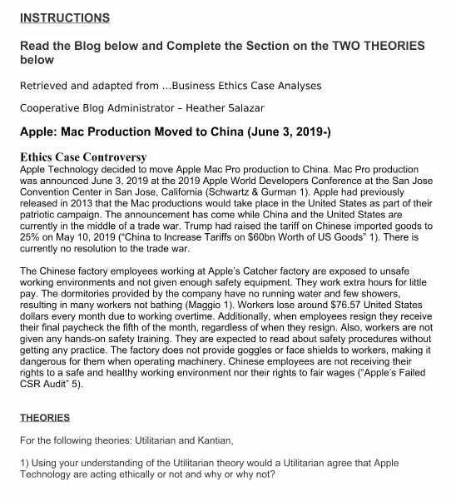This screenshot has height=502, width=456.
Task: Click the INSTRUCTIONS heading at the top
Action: [x=65, y=17]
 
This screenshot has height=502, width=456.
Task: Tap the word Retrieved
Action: [x=46, y=86]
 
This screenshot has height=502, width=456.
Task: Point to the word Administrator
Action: [x=139, y=108]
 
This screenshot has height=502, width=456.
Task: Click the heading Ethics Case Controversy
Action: [x=83, y=157]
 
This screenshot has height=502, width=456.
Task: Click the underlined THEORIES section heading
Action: [x=45, y=417]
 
